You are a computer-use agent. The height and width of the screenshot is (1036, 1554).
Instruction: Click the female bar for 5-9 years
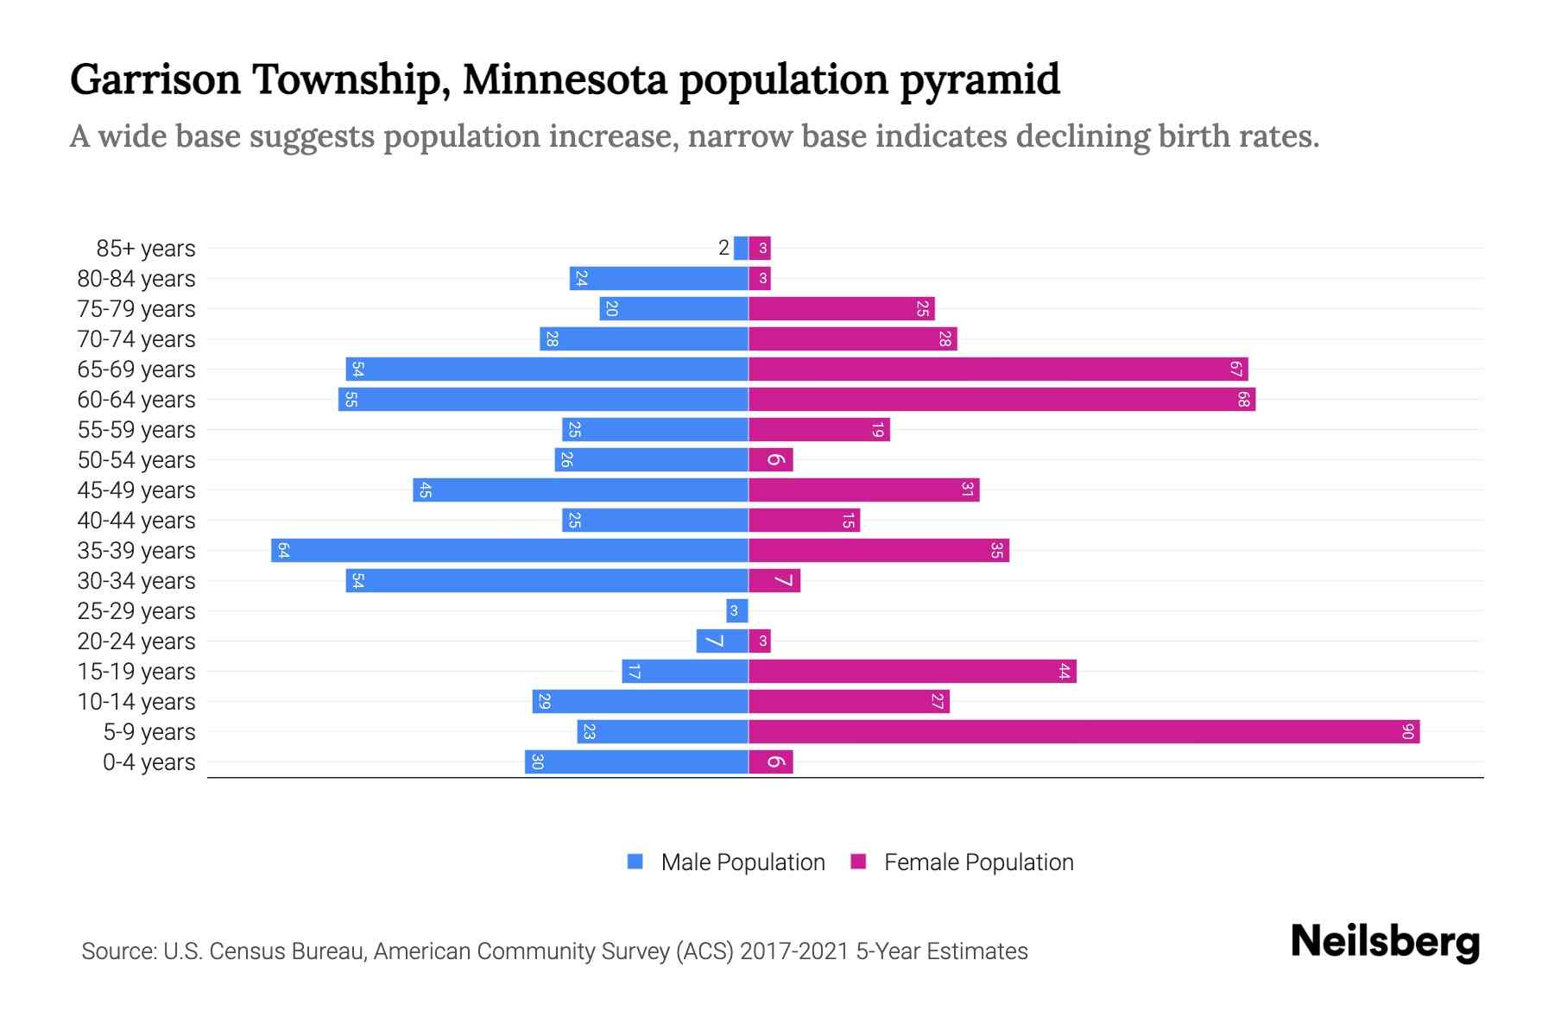coord(1083,732)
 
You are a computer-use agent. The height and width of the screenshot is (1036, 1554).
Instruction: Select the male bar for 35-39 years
coord(509,551)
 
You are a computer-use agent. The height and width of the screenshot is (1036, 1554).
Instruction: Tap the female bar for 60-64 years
coord(1001,400)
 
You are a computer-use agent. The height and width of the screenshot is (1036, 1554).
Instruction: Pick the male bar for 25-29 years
coord(736,611)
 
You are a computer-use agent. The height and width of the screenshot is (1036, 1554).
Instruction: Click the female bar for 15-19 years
coord(912,672)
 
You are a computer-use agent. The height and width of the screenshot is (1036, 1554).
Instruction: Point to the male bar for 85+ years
coord(741,249)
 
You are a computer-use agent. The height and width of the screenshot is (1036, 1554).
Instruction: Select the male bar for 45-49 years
coord(580,490)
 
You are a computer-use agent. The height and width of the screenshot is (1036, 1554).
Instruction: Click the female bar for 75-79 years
coord(841,309)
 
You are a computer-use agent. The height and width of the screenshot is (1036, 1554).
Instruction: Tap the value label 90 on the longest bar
coord(1407,732)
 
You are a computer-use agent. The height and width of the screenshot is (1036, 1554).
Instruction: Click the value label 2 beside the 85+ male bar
coord(723,249)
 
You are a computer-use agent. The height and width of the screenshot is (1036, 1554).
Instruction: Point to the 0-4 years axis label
coord(148,762)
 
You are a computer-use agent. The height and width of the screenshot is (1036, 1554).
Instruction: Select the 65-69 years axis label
coord(136,370)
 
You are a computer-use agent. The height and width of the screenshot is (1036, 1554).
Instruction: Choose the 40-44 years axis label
coord(136,521)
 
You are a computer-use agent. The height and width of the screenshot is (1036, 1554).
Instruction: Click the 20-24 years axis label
coord(136,641)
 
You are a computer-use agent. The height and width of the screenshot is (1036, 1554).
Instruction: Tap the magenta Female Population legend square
coord(858,862)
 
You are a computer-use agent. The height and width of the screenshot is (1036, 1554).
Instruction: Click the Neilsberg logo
coord(1385,942)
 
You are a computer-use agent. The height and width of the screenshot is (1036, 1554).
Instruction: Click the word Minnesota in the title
coord(565,79)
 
